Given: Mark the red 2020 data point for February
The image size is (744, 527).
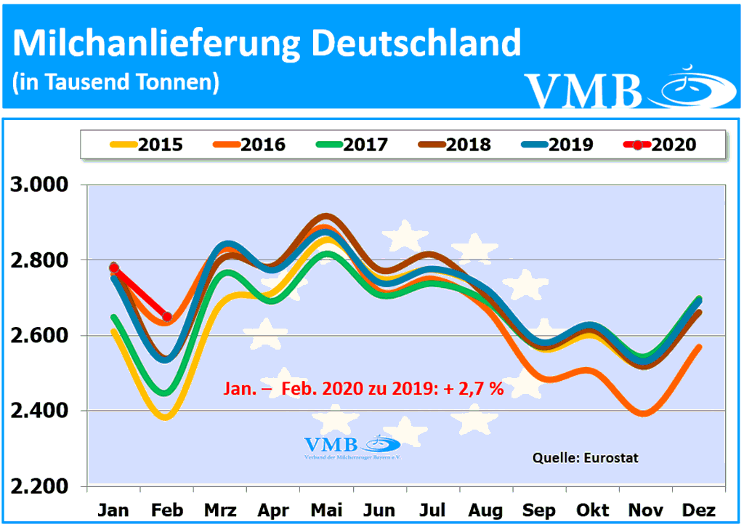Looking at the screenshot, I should coord(166,316).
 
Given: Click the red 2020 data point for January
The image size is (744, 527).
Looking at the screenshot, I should coord(113,268).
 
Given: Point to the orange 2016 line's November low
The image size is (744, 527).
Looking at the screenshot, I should coord(644,414).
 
